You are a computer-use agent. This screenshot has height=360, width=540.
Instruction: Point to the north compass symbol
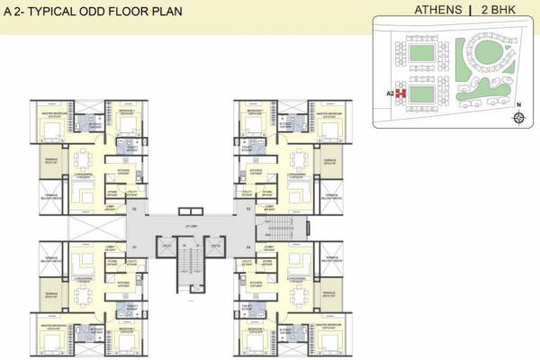point(518,117)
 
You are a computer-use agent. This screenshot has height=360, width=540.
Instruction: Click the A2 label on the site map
point(391,91)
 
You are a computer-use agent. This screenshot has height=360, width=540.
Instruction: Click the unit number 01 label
point(134,246)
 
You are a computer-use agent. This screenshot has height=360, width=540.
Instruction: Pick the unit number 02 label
point(134,209)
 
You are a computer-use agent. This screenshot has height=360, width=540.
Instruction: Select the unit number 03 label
point(249,209)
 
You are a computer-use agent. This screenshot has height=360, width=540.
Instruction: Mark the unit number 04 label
point(249,246)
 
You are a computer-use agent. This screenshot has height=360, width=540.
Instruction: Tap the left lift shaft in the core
point(166,247)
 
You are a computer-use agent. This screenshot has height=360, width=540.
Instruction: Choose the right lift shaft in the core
point(215,247)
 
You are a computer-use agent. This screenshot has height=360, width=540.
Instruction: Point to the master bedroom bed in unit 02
point(50,136)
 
